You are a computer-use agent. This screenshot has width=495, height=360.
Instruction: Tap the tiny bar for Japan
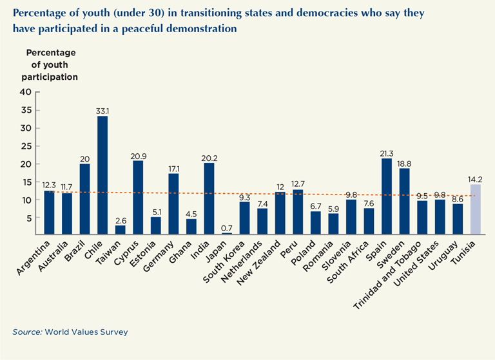pyautogui.click(x=227, y=234)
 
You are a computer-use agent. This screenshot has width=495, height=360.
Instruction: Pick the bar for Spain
pyautogui.click(x=387, y=196)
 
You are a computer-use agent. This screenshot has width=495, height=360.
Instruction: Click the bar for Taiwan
pyautogui.click(x=120, y=230)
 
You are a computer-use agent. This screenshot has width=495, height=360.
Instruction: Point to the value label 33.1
pyautogui.click(x=102, y=110)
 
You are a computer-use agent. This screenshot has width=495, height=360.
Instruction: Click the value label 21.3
pyautogui.click(x=387, y=153)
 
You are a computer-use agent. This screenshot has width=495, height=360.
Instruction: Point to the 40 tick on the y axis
pyautogui.click(x=25, y=91)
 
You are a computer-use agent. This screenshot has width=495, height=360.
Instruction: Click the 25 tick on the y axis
pyautogui.click(x=25, y=146)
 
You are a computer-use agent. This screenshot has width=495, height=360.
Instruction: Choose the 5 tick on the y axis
pyautogui.click(x=28, y=218)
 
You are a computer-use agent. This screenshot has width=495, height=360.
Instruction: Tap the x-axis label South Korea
pyautogui.click(x=229, y=258)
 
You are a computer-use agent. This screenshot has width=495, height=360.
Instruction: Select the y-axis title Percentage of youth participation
pyautogui.click(x=52, y=64)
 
